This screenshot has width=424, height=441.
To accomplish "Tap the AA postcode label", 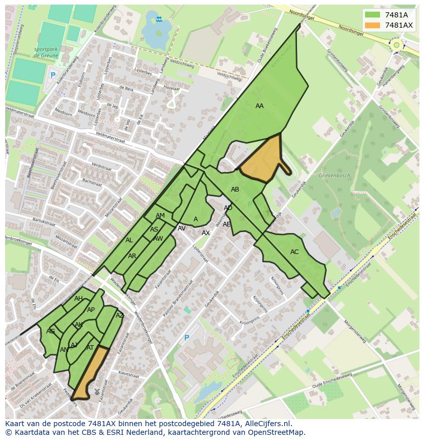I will point(260,106).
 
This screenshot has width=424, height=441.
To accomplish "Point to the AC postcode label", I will point(294,252).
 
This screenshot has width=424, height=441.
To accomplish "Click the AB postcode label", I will point(235,190).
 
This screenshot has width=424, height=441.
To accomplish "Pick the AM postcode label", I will point(160,216).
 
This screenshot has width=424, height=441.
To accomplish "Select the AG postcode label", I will point(50,331).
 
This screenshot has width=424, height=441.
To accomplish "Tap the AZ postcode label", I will point(120,316).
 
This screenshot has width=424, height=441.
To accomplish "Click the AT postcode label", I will point(90,348).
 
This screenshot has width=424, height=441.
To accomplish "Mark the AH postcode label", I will point(78,299).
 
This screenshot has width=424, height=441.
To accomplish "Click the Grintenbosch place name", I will point(334,176).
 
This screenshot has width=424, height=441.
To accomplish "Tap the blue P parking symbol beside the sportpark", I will point(52,75).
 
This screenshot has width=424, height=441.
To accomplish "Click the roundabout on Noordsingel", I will point(396,45).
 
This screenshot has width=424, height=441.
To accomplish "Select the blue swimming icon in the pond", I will point(159,19).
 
